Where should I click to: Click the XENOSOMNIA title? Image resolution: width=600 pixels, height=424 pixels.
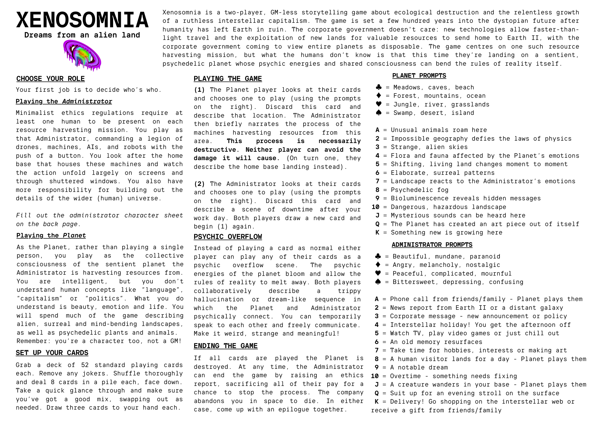pyautogui.click(x=82, y=20)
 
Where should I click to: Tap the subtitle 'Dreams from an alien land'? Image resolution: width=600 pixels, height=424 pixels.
pyautogui.click(x=82, y=35)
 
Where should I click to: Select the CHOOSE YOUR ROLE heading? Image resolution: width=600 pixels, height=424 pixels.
pyautogui.click(x=50, y=79)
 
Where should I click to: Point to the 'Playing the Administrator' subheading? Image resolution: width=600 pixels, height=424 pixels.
pyautogui.click(x=64, y=101)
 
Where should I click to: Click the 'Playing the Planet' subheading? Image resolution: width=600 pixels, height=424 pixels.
pyautogui.click(x=51, y=235)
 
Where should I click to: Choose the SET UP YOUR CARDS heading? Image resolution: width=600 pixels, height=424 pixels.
pyautogui.click(x=52, y=353)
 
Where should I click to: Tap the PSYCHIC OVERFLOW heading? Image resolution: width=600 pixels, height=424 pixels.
pyautogui.click(x=228, y=237)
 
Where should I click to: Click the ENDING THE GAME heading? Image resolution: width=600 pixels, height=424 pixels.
pyautogui.click(x=226, y=346)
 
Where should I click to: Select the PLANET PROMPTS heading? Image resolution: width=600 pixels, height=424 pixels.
pyautogui.click(x=419, y=76)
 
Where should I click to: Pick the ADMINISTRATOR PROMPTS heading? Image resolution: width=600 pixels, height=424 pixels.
pyautogui.click(x=432, y=245)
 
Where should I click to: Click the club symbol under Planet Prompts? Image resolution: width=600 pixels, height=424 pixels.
pyautogui.click(x=379, y=87)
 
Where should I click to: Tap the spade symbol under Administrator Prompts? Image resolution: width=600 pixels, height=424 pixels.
pyautogui.click(x=378, y=282)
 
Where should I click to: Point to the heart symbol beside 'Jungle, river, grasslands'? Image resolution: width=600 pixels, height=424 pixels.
pyautogui.click(x=379, y=104)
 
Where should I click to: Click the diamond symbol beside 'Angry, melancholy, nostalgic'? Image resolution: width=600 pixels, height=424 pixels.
pyautogui.click(x=378, y=265)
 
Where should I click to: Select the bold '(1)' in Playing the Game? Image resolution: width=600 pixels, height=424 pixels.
pyautogui.click(x=199, y=90)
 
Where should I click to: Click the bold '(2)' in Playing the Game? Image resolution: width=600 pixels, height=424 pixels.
pyautogui.click(x=199, y=184)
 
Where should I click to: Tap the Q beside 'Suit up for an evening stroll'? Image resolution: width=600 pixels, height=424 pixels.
pyautogui.click(x=377, y=393)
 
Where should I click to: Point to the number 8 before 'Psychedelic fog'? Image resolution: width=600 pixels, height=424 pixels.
pyautogui.click(x=377, y=190)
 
